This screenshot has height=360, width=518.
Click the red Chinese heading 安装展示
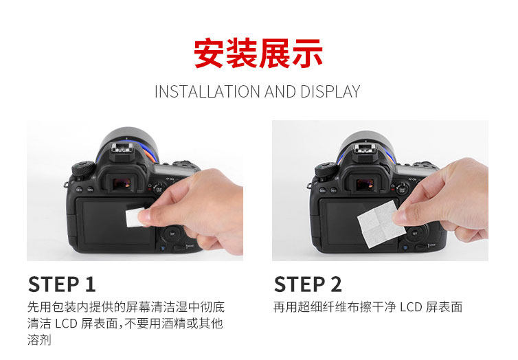coord(258,53)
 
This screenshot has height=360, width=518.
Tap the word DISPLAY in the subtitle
coord(330,92)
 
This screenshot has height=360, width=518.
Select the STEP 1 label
coord(62,284)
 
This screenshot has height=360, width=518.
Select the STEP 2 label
coord(308,284)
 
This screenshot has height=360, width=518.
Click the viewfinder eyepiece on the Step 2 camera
coord(364,183)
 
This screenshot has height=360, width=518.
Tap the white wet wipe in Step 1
coord(135,217)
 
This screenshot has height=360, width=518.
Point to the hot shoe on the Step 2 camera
coord(364,149)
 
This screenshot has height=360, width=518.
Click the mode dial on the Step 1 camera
coord(83,168)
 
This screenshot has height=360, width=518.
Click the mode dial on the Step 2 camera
coord(326,170)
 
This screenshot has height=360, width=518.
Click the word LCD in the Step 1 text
coord(66,324)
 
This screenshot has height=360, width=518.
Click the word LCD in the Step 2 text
coord(411,307)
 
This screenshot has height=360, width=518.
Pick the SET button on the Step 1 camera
coord(172,234)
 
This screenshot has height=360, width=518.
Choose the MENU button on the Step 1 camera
coord(79,190)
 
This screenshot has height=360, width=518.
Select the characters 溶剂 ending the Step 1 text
coord(39,340)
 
